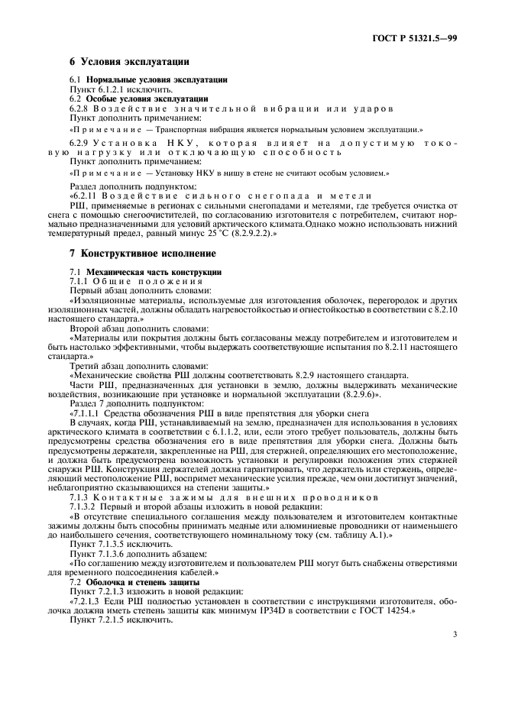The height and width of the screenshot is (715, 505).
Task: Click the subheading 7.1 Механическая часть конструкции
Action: click(145, 272)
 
